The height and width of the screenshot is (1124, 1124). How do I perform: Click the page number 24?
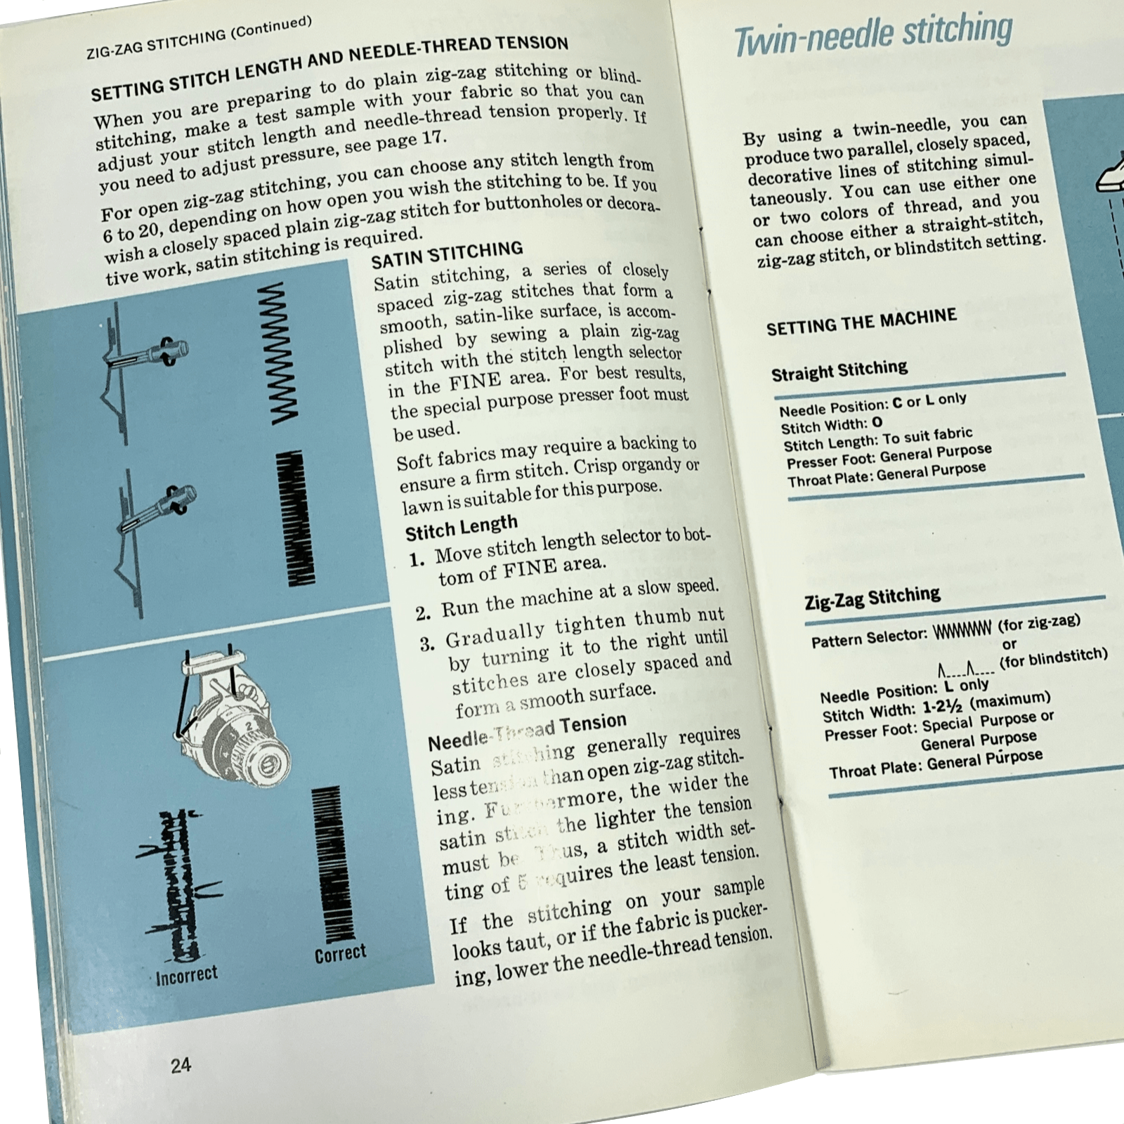tap(181, 1065)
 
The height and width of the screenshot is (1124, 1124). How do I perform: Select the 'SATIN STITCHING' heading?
tap(447, 254)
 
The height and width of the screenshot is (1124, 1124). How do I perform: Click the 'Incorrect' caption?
tap(187, 975)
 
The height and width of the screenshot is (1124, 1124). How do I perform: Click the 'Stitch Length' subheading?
tap(462, 528)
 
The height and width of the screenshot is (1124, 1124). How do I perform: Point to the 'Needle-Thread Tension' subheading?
tap(527, 731)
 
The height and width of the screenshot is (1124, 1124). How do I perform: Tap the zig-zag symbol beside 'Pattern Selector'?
tap(962, 630)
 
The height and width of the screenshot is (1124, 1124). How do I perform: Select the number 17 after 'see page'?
tap(433, 138)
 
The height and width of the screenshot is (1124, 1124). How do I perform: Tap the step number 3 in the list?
tap(427, 644)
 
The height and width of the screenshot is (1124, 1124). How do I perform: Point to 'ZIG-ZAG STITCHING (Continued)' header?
tap(199, 39)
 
